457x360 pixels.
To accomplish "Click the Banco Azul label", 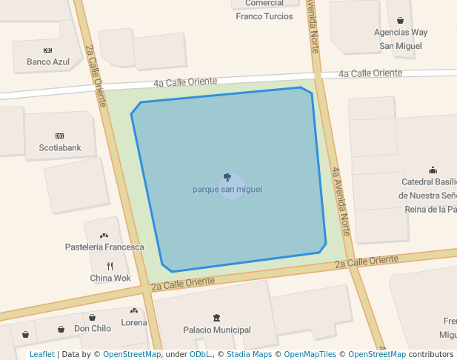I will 48,62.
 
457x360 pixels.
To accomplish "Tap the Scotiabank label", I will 60,147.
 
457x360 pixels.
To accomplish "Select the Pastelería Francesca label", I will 104,247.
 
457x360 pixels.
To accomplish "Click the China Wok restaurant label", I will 110,278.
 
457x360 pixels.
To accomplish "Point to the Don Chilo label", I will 93,328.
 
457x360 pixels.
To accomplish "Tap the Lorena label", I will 134,322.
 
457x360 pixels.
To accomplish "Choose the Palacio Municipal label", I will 217,330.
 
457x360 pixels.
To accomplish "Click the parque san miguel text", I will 227,190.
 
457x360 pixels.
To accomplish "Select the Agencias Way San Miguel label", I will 401,39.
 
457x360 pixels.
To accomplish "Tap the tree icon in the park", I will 227,178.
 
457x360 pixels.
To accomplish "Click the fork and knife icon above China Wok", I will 110,266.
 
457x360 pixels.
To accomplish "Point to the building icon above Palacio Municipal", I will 216,318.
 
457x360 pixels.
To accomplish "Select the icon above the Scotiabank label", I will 60,136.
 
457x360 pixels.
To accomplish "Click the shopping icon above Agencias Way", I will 401,21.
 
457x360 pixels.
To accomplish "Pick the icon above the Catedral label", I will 433,170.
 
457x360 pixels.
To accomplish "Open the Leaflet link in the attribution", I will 41,354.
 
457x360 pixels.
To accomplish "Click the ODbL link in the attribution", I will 200,354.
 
